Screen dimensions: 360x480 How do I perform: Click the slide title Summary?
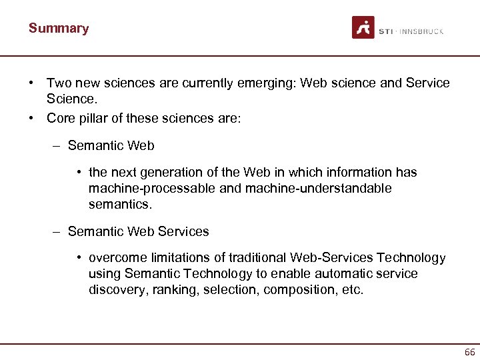[x=59, y=28]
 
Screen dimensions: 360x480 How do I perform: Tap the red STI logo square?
[x=363, y=27]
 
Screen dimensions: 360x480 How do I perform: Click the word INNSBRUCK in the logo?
[x=422, y=31]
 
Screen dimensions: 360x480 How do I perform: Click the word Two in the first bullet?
[x=57, y=83]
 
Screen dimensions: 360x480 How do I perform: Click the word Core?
[x=60, y=119]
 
